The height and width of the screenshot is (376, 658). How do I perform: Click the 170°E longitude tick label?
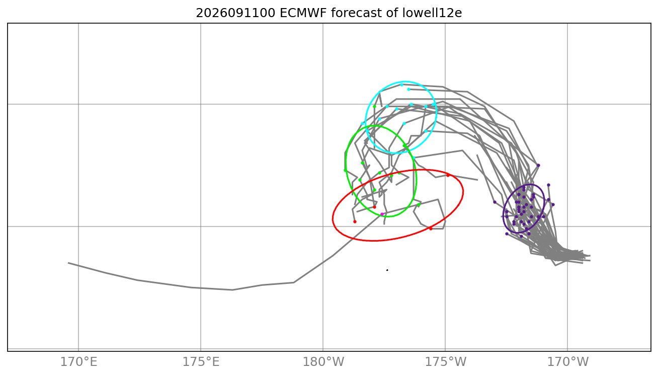point(78,362)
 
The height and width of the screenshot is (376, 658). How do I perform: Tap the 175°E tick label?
point(201,362)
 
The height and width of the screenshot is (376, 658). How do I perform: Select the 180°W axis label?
point(323,362)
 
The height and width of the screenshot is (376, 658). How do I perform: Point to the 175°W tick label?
point(445,362)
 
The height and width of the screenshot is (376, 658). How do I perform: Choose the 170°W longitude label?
point(567,362)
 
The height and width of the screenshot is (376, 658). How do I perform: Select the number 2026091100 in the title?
point(235,13)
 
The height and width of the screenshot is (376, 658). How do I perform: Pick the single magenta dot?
point(382,214)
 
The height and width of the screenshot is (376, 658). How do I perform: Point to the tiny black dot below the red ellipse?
point(387,270)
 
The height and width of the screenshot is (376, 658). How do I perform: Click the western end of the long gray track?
point(68,263)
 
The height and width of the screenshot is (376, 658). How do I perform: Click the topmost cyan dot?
point(401,85)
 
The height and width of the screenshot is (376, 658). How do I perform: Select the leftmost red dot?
point(355,221)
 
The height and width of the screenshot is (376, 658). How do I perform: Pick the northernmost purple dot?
point(538,165)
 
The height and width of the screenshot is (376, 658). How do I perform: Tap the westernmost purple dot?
point(495,202)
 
